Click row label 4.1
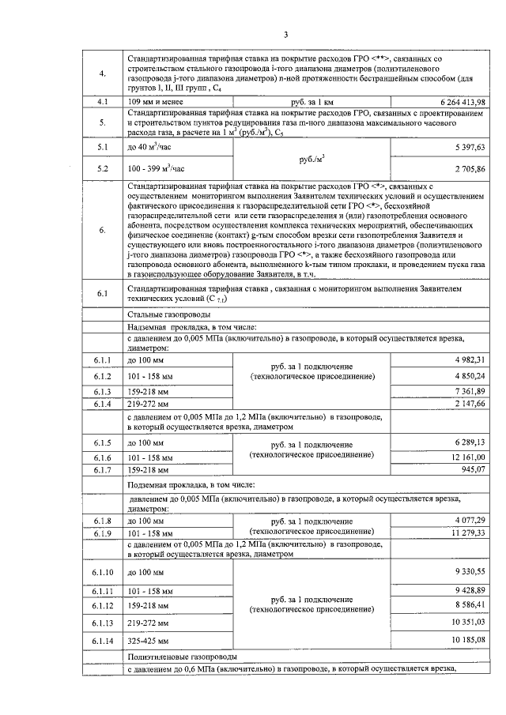coord(102,103)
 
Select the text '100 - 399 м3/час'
coord(156,169)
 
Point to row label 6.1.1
coord(102,360)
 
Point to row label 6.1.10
coord(104,571)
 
